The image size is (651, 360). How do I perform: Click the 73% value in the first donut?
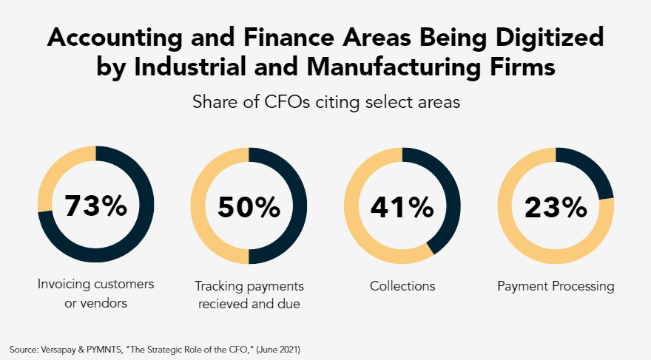95,207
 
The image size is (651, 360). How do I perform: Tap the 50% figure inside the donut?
249,207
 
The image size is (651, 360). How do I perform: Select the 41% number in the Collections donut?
402,207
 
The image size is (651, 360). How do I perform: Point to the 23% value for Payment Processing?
555,207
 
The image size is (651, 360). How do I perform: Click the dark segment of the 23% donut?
592,170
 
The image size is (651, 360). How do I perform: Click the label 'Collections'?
402,286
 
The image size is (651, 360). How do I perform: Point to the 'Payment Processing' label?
556,286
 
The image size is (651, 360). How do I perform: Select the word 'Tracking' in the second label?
217,286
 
